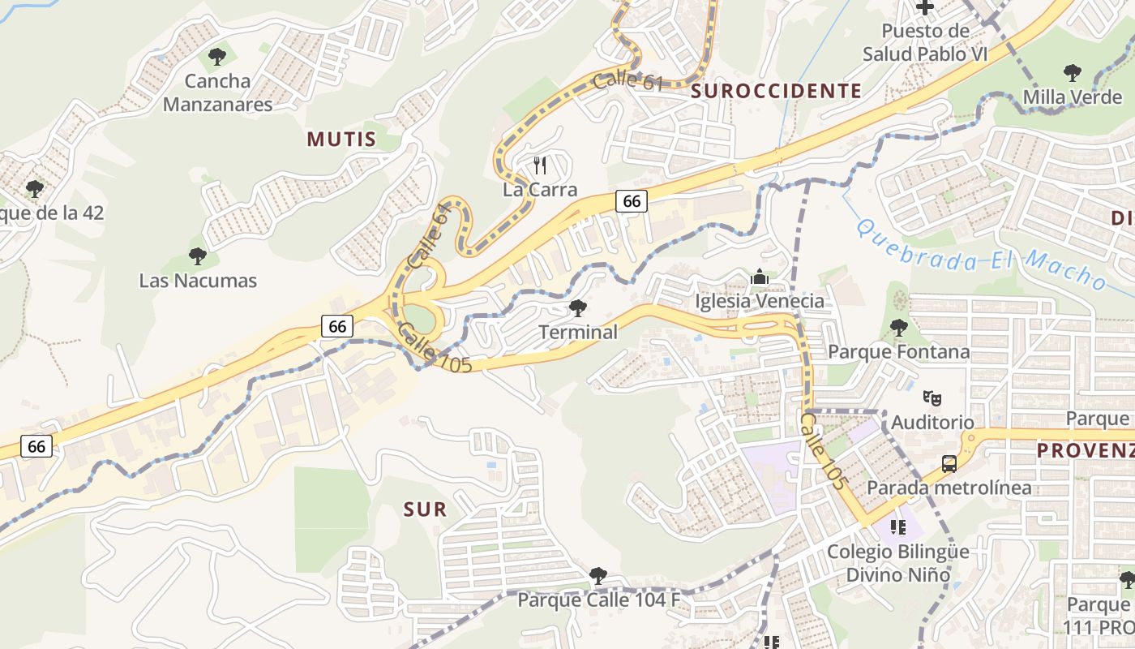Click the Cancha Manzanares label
tap(217, 92)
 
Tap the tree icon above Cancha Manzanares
tap(216, 57)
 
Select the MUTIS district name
tap(341, 140)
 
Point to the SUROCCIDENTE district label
tap(776, 91)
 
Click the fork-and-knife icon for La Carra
tap(540, 165)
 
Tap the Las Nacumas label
tap(198, 281)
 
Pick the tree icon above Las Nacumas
tap(197, 257)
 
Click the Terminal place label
tap(578, 332)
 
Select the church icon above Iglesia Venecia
tap(760, 277)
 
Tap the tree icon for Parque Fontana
tap(898, 329)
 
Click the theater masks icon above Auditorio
tap(932, 398)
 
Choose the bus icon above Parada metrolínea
tap(949, 464)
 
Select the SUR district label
tap(425, 509)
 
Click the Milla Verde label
tap(1072, 97)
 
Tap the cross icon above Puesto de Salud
tap(925, 7)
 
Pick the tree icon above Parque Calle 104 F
tap(598, 576)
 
